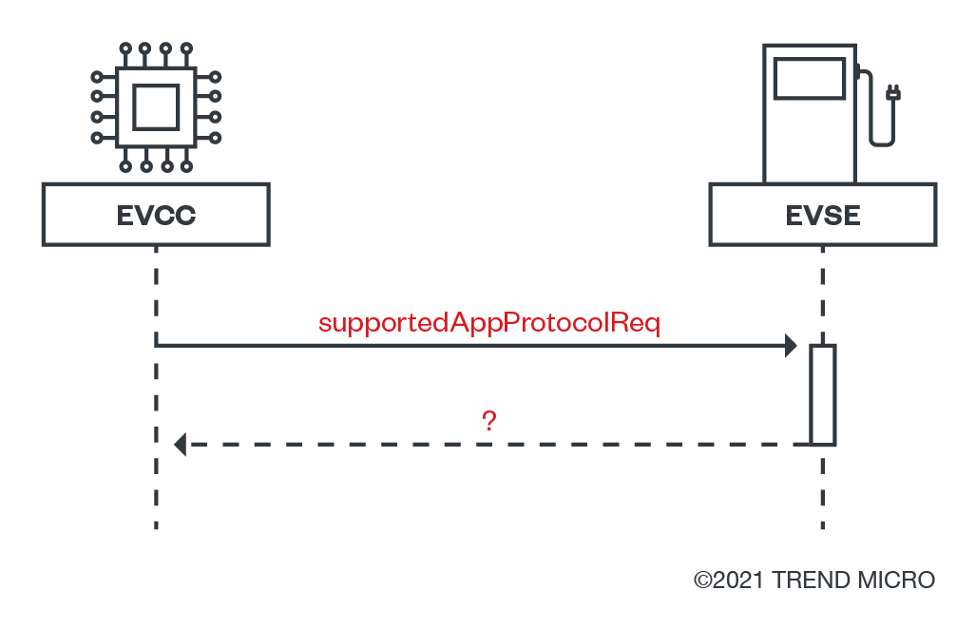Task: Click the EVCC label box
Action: click(156, 215)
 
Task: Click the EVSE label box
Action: click(823, 215)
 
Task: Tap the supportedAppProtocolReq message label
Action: click(489, 323)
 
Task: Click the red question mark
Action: click(489, 421)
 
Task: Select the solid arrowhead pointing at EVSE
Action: click(791, 346)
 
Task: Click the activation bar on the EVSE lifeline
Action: click(823, 394)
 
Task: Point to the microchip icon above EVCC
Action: click(156, 106)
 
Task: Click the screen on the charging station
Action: click(810, 79)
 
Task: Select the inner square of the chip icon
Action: click(156, 106)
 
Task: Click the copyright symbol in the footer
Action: click(703, 580)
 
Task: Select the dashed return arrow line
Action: click(494, 444)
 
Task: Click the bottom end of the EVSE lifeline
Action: click(823, 523)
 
